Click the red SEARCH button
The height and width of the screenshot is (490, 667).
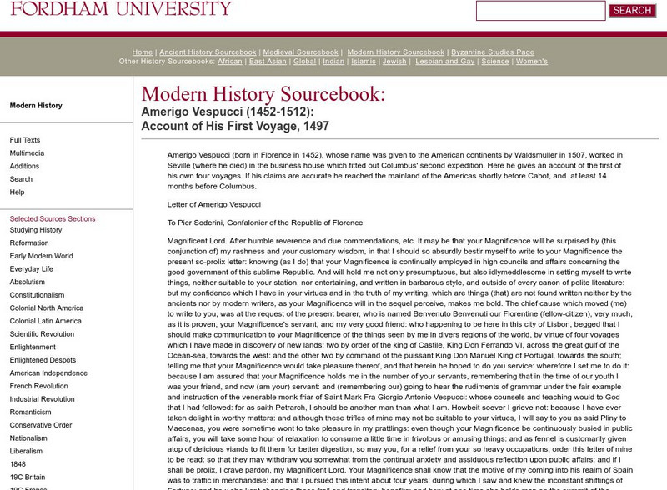coord(632,11)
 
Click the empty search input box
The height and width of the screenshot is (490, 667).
coord(540,11)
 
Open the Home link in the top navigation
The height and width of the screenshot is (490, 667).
coord(142,52)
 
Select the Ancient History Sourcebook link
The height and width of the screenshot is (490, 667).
coord(208,52)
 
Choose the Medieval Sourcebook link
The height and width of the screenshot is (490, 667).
coord(301,52)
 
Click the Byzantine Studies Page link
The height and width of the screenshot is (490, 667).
coord(493,52)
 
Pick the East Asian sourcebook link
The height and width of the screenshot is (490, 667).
coord(268,62)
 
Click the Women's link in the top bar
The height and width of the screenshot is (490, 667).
coord(532,62)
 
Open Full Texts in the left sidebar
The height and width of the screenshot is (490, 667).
coord(25,140)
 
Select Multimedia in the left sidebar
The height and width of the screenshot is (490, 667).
coord(28,153)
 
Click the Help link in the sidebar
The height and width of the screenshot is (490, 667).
coord(17,192)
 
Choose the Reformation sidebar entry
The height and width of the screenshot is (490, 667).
coord(29,242)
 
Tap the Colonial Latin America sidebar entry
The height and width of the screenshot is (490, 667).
coord(46,321)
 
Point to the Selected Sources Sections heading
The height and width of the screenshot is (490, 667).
coord(53,219)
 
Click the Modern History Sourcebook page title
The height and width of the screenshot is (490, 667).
coord(263,95)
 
